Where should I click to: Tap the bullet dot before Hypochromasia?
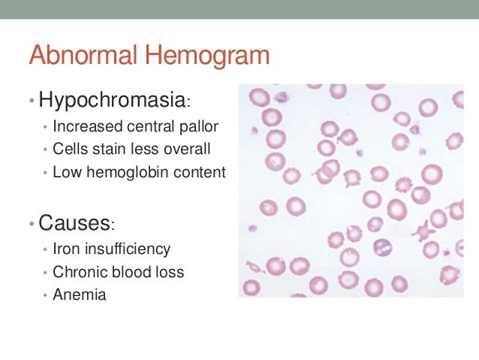[32, 101]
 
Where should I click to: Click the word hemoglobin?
[128, 172]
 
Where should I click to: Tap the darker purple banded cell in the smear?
[383, 247]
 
